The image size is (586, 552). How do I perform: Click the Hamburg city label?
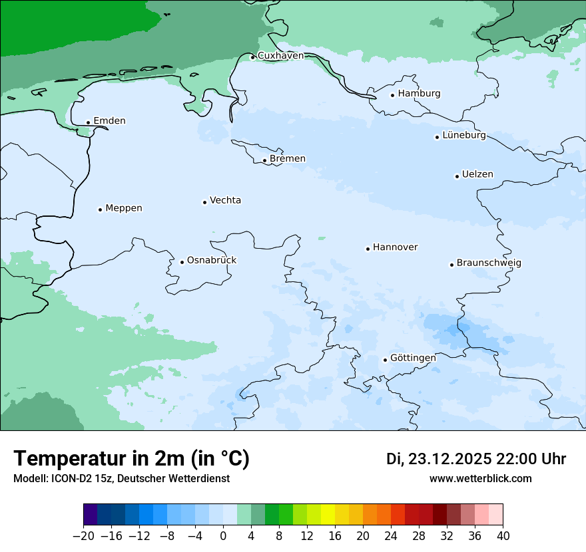419,94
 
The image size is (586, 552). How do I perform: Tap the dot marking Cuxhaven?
252,57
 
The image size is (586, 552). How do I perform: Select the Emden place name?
109,121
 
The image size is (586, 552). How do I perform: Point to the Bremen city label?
288,159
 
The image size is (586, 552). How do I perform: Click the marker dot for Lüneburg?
437,137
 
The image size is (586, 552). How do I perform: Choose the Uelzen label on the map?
477,175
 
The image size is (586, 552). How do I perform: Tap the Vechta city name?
225,201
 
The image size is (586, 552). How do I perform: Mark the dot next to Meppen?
100,209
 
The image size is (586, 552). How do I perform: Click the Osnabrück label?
212,261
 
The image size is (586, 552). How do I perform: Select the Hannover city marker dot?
368,249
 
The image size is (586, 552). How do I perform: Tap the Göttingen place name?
413,358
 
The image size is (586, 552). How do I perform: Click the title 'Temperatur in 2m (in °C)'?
131,459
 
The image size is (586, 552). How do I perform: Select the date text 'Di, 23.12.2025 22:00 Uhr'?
476,459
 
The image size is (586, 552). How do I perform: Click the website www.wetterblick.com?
480,479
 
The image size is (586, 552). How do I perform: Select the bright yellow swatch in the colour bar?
328,515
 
